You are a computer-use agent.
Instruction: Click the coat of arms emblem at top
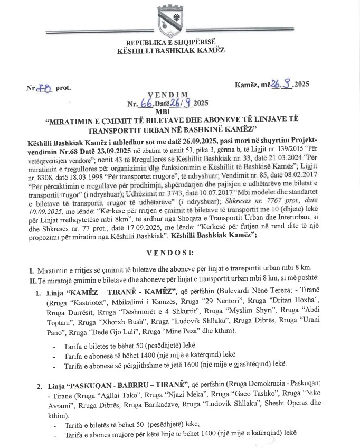172,21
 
